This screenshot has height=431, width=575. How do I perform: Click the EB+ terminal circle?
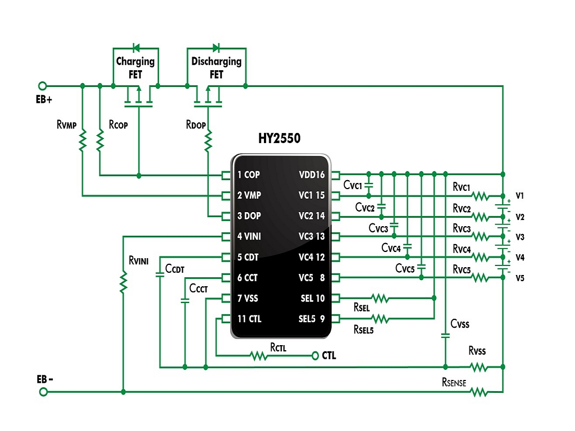point(43,86)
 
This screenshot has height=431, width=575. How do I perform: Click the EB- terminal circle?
point(43,392)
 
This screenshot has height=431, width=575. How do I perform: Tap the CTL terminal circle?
point(314,355)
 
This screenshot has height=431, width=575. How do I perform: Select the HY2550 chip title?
point(280,138)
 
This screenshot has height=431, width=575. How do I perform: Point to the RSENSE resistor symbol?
point(479,392)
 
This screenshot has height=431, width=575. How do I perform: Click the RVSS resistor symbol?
point(479,367)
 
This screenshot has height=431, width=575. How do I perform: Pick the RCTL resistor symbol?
point(258,355)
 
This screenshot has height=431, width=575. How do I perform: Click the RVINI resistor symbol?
point(124,282)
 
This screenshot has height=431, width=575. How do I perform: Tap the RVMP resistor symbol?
point(83,140)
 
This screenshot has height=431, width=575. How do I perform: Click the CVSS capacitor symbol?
point(445,336)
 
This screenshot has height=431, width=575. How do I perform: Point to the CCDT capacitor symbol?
point(160,274)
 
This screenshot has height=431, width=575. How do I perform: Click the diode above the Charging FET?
point(136,48)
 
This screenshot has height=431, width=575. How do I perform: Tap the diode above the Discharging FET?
point(216,48)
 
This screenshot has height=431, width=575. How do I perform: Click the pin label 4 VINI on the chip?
point(249,236)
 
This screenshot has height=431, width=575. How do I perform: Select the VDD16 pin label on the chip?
point(312,175)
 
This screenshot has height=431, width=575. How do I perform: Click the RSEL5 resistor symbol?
point(380,319)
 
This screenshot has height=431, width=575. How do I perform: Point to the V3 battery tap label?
point(519,237)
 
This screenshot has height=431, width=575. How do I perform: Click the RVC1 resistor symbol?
point(480,196)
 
